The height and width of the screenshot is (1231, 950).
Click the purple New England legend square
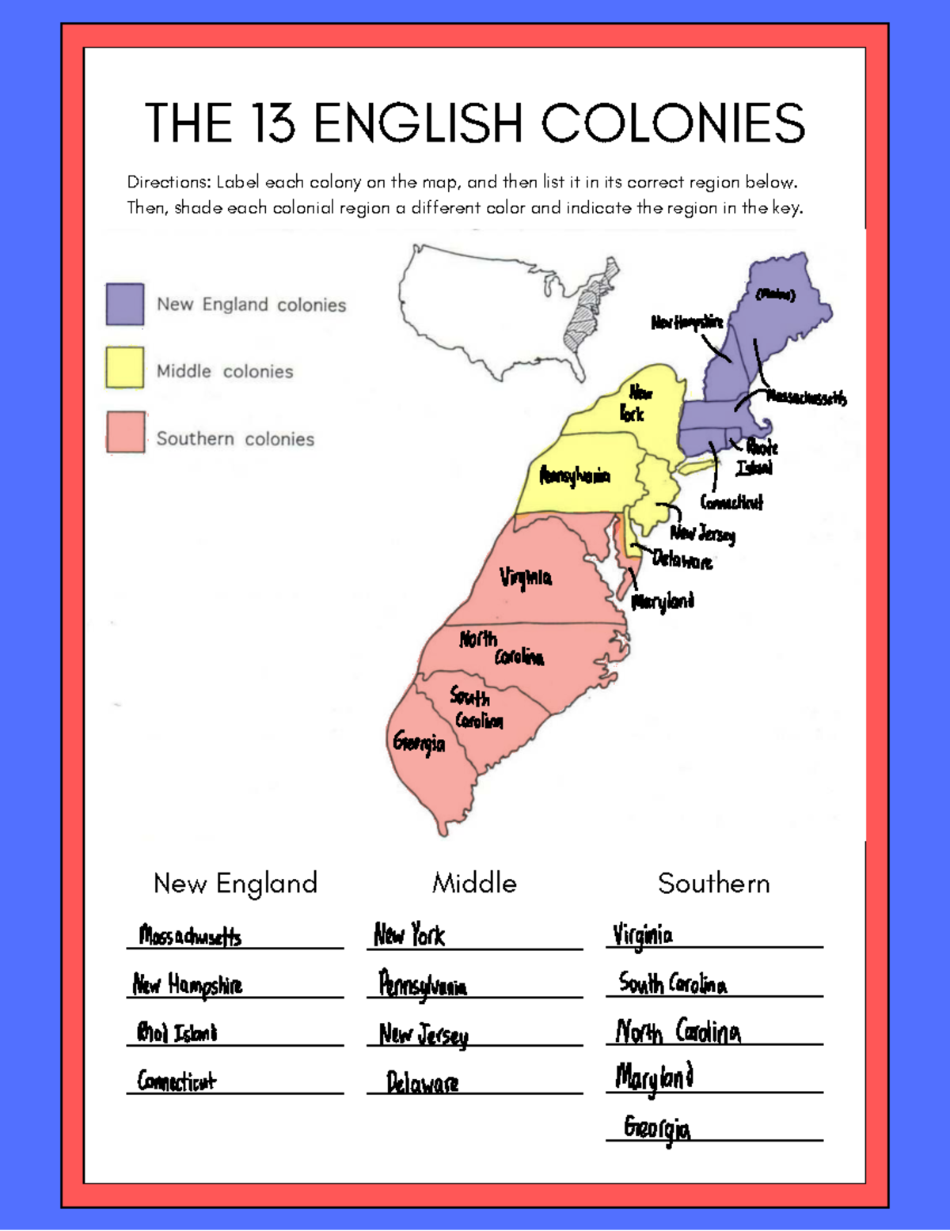(125, 305)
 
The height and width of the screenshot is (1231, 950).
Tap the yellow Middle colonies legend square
(125, 368)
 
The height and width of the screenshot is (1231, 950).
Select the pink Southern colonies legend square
(125, 432)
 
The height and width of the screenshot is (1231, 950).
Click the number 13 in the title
(274, 123)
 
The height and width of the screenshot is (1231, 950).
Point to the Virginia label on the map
(526, 577)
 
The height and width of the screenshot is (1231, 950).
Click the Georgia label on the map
(420, 742)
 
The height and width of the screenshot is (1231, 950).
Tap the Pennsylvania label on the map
(575, 475)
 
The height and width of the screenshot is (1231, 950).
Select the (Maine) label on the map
(774, 294)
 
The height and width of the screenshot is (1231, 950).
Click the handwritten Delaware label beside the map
(682, 560)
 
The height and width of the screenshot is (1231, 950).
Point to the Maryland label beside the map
(663, 601)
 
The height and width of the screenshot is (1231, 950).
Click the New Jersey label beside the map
(703, 534)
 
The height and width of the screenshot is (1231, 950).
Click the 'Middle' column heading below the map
(474, 883)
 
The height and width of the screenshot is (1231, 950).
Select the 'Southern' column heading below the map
(713, 883)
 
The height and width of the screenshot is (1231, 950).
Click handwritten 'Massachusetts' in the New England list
(190, 936)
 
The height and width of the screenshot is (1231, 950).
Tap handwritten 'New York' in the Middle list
(409, 934)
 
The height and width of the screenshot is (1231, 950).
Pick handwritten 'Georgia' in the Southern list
(656, 1127)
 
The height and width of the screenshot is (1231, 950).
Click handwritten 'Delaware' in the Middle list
(422, 1082)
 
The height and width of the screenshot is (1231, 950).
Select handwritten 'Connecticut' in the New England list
(177, 1080)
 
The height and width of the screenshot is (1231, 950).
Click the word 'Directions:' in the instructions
(169, 182)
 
